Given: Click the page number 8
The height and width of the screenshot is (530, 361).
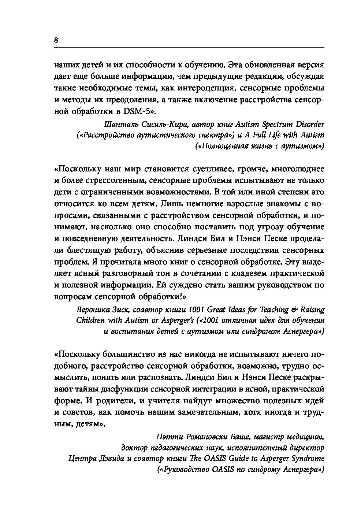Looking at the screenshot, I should pos(56,40).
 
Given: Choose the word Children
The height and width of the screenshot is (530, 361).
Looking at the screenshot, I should pos(90,321).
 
